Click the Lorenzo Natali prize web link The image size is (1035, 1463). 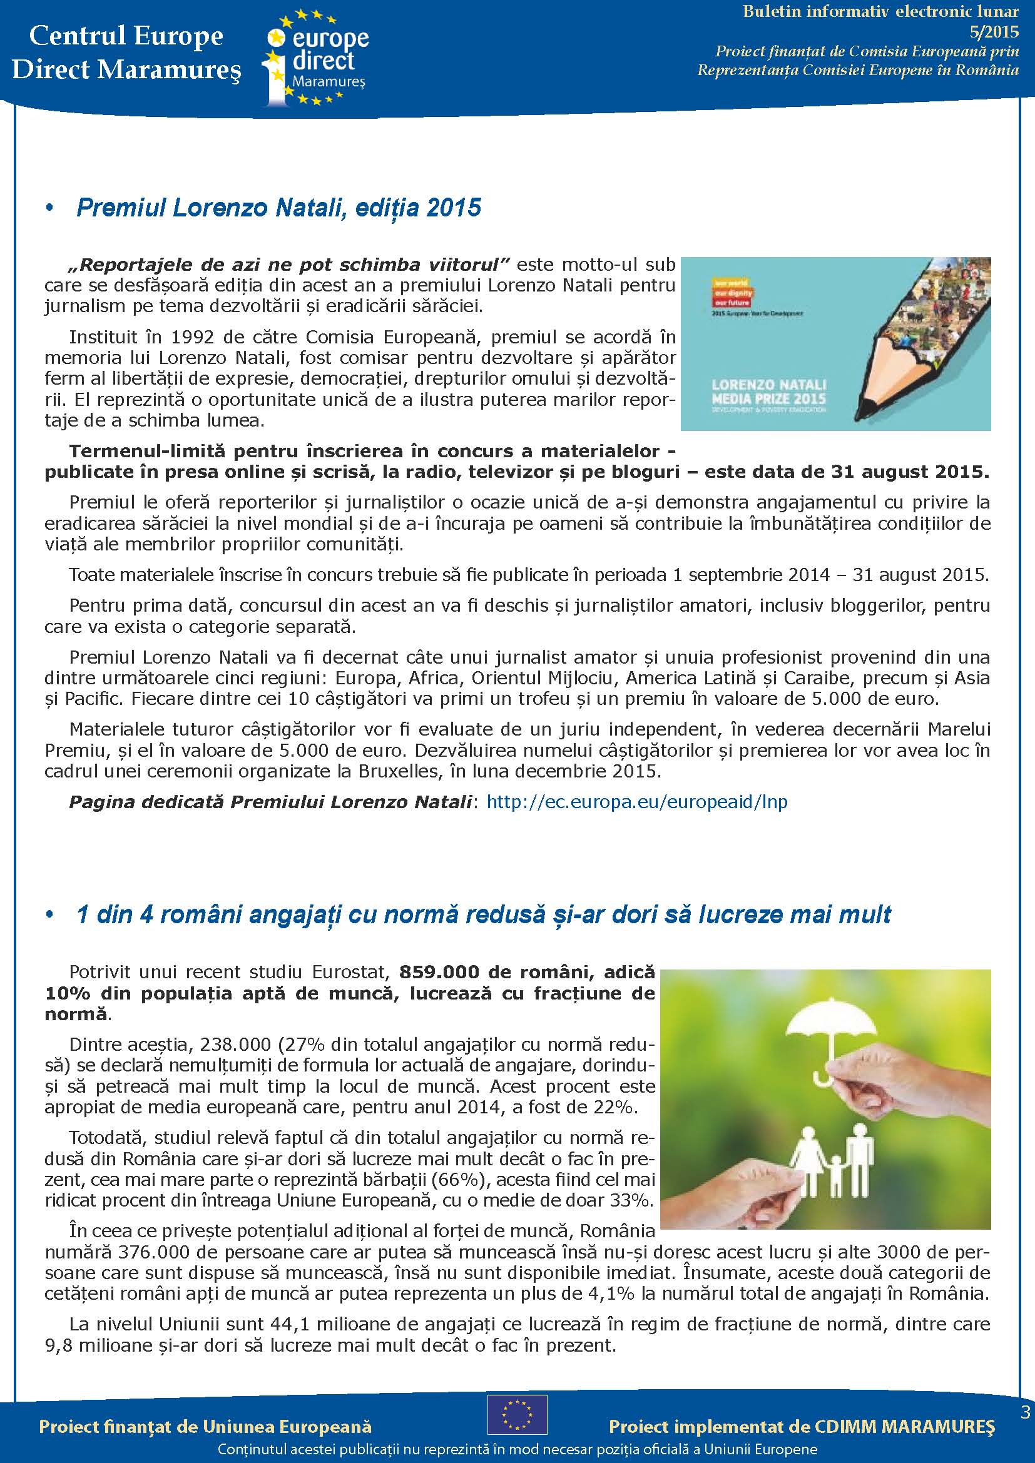coord(636,802)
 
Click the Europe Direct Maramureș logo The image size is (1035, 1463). coord(315,58)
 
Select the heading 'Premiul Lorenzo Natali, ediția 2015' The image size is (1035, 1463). coord(278,208)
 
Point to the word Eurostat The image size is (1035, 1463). coord(350,973)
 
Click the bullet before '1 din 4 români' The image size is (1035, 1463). coord(49,915)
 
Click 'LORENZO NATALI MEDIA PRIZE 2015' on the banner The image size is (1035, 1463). coord(768,392)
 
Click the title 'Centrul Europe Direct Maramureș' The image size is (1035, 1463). coord(126,53)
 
